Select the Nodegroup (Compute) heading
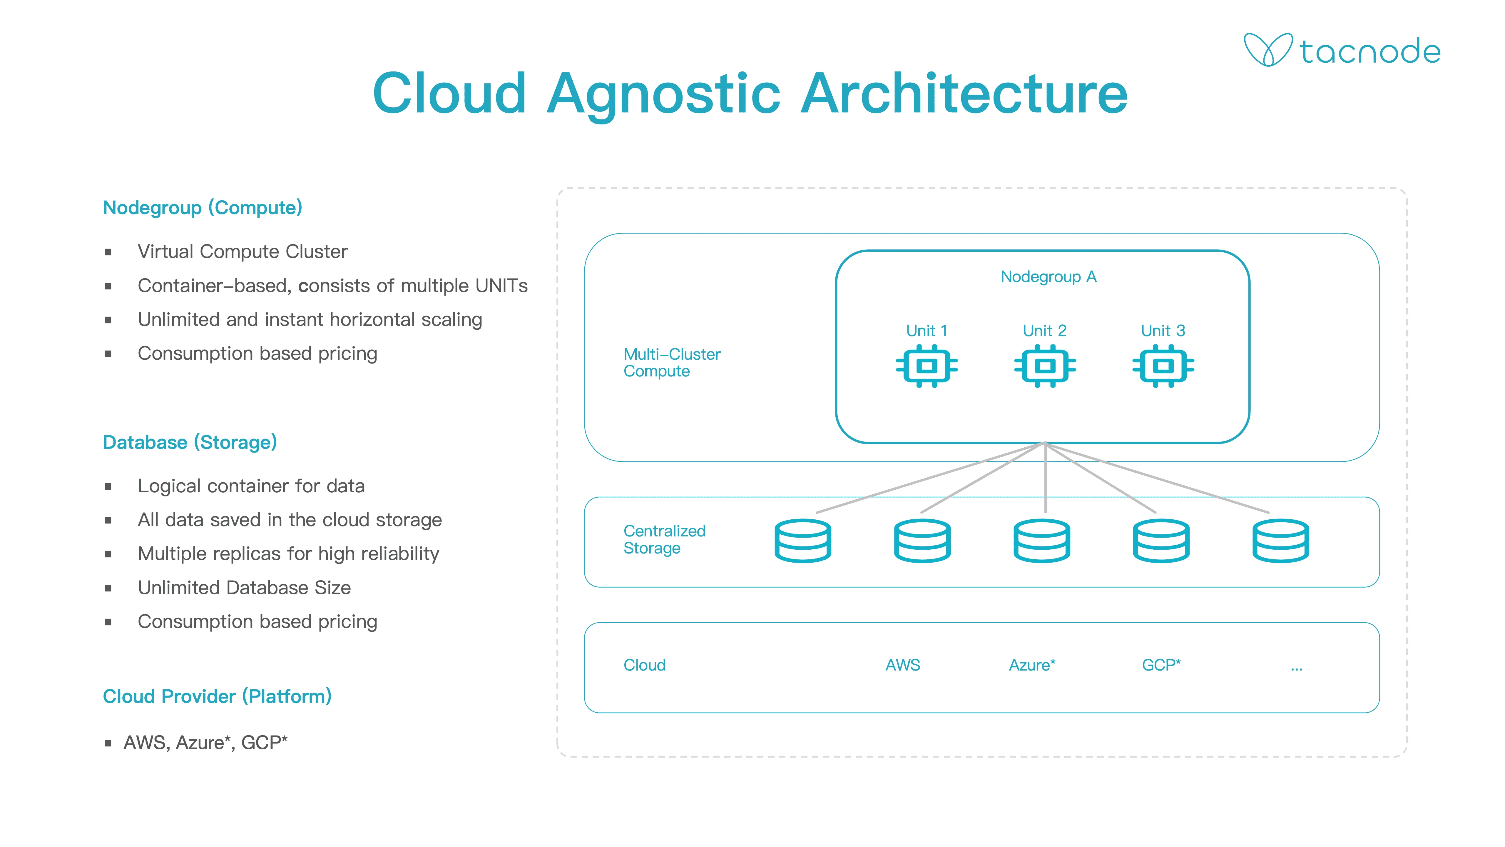pos(202,208)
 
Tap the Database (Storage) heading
pos(190,443)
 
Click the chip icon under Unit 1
pos(927,366)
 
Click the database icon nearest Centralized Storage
pos(803,541)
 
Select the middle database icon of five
pos(1042,541)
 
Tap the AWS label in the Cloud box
pos(903,665)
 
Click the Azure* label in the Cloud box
pos(1032,665)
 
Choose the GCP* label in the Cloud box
pos(1161,665)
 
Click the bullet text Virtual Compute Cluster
pos(243,252)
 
